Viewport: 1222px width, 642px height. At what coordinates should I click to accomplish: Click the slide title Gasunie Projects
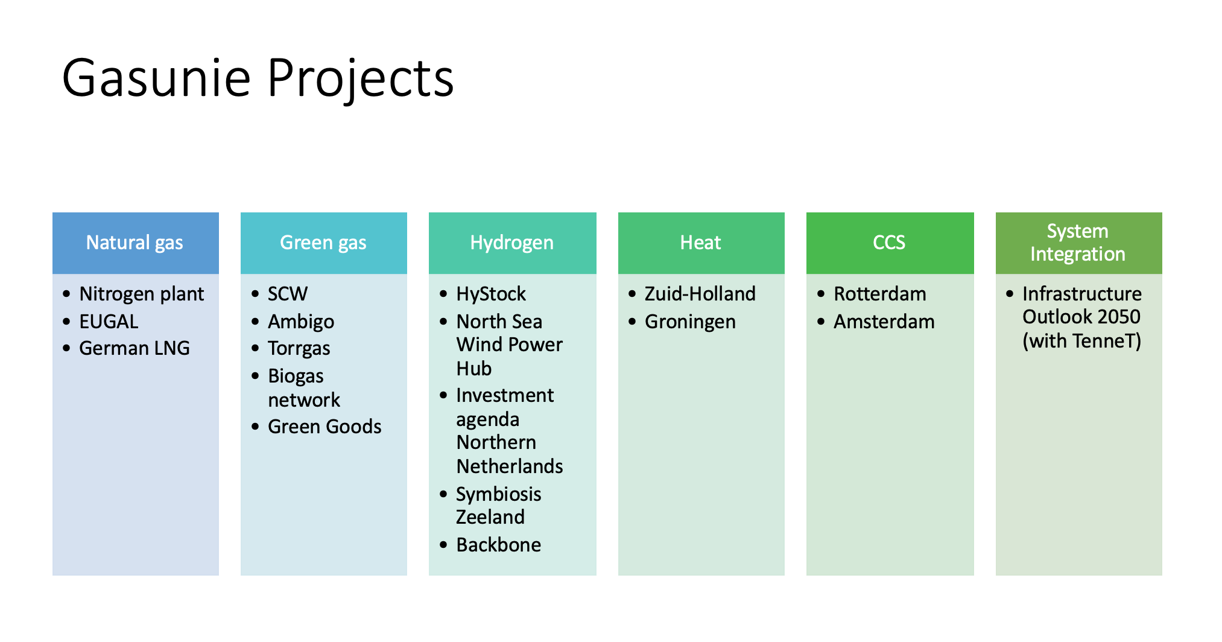click(258, 78)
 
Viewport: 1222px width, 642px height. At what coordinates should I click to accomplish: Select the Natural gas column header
click(136, 243)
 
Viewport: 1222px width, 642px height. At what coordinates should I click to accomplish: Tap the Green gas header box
click(324, 243)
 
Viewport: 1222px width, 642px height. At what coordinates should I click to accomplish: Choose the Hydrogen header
click(513, 243)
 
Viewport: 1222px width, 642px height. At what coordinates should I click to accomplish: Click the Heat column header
click(701, 243)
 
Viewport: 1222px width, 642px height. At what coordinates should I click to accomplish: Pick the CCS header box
click(890, 243)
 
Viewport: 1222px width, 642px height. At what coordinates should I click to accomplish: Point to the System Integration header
click(1079, 243)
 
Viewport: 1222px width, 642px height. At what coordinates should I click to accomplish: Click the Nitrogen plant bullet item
click(142, 294)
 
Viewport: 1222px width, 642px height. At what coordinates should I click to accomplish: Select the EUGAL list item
click(109, 322)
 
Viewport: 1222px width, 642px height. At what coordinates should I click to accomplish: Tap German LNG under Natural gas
click(135, 348)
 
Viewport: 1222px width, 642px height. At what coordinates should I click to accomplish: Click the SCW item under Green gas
click(288, 294)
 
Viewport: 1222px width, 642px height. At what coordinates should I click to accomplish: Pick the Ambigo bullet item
click(301, 322)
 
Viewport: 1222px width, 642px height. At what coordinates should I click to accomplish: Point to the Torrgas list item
click(299, 349)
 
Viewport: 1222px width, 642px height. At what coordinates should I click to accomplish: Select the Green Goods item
click(324, 427)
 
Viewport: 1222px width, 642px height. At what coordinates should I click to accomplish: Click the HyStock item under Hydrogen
click(491, 294)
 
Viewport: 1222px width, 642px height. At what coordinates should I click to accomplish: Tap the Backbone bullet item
click(499, 545)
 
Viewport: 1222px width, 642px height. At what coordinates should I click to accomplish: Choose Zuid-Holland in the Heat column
click(700, 294)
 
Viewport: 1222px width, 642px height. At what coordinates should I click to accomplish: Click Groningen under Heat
click(691, 322)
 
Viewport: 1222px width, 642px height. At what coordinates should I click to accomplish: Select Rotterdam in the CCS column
click(880, 294)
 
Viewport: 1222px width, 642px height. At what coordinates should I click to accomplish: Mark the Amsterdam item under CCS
click(884, 322)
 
